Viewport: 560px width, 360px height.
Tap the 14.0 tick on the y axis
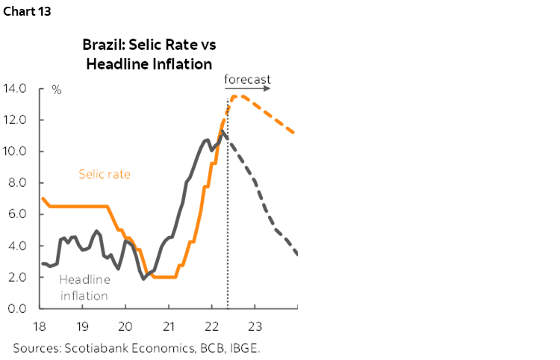tap(16, 89)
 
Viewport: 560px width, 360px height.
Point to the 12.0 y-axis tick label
tap(16, 120)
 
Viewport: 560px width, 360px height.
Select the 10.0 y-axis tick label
tap(16, 152)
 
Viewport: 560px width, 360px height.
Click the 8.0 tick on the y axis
tap(18, 183)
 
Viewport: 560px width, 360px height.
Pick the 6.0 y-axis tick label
tap(18, 214)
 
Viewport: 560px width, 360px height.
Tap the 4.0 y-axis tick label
tap(18, 246)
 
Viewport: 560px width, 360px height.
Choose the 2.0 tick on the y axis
tap(18, 277)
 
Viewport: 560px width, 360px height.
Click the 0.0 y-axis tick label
tap(18, 308)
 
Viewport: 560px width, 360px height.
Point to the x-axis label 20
tap(125, 326)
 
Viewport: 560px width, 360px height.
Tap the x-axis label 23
tap(255, 326)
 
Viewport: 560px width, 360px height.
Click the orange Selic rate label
tap(105, 175)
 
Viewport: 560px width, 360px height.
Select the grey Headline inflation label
tap(84, 288)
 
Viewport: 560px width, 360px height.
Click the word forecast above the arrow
tap(247, 78)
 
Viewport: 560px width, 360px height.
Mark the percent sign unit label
tap(57, 90)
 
